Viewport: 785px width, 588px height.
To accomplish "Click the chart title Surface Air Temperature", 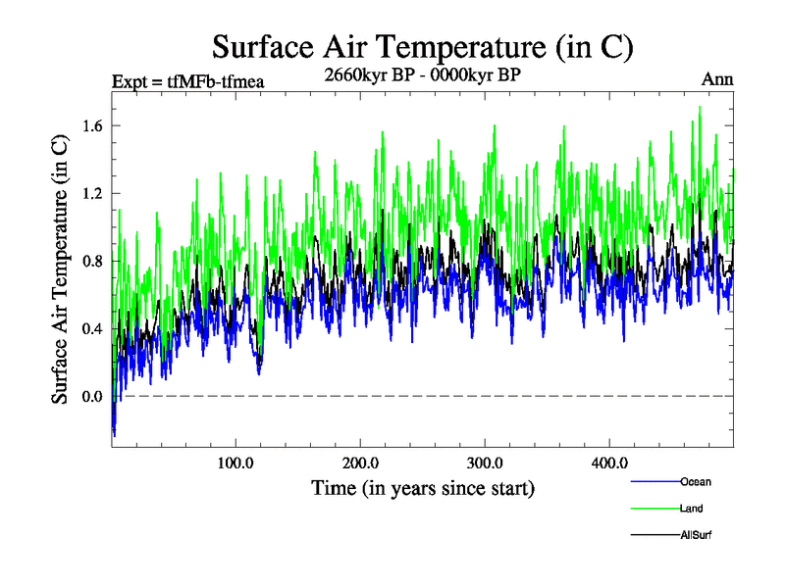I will [423, 47].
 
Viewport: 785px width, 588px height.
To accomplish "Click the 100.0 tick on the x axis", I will [235, 464].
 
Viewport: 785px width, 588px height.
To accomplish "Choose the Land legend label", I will [691, 509].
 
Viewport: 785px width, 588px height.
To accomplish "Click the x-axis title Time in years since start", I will [423, 487].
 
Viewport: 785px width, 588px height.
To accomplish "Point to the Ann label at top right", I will [717, 79].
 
